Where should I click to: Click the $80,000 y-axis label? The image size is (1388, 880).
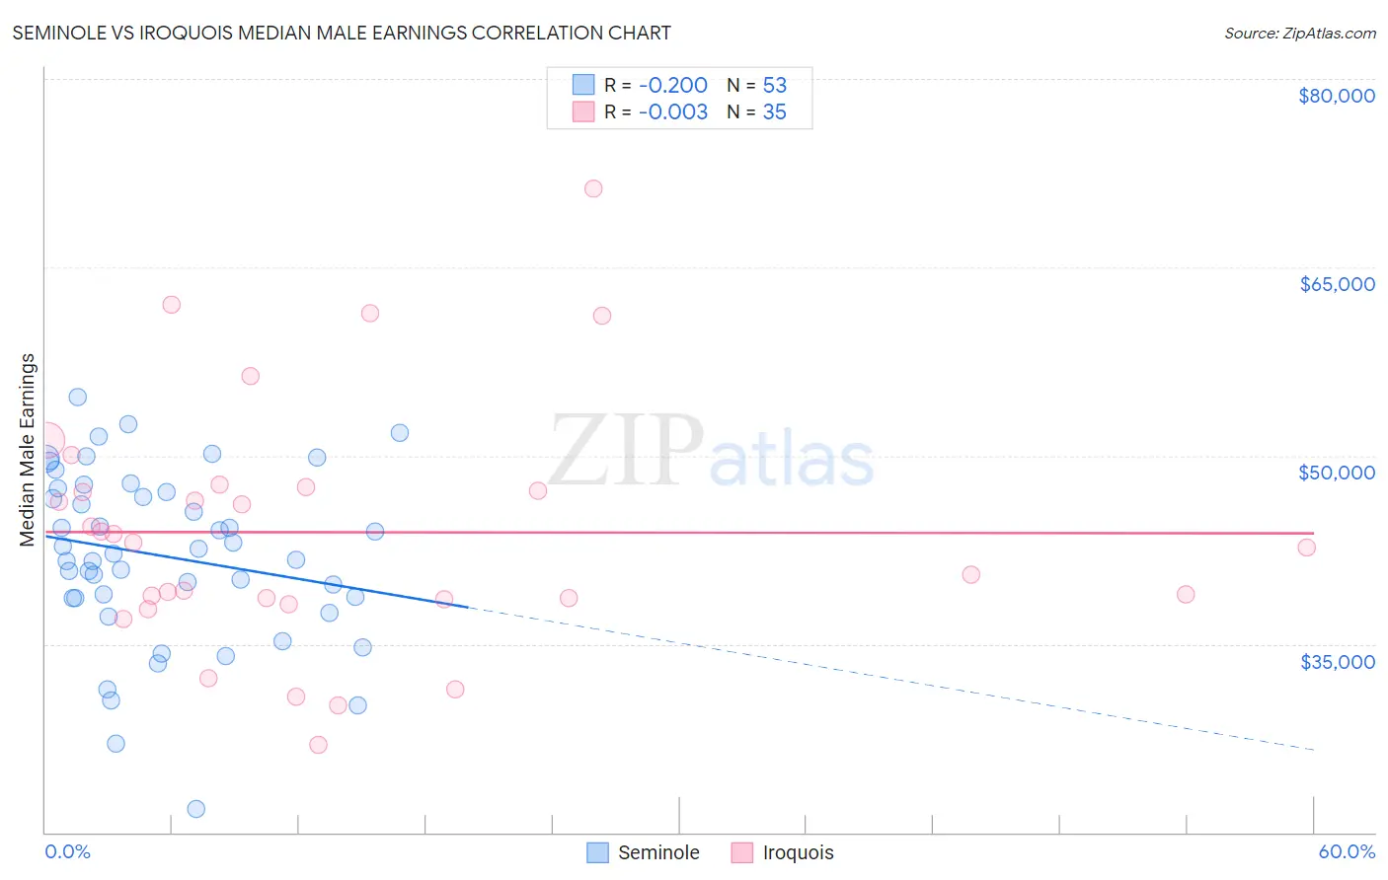click(1336, 96)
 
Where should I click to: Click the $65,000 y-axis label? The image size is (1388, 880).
click(1336, 284)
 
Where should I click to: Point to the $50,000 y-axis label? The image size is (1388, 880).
click(1336, 473)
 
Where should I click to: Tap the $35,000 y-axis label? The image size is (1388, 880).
click(1337, 661)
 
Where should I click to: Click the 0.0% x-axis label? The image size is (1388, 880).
click(67, 851)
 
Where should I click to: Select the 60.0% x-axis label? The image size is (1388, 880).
click(1346, 851)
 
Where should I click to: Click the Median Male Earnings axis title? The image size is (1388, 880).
click(28, 450)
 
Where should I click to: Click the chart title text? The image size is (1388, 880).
click(342, 33)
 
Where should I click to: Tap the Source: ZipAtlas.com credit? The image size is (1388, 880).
click(1299, 33)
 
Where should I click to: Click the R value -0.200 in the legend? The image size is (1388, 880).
click(672, 85)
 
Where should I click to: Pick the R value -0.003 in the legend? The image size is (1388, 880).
click(672, 111)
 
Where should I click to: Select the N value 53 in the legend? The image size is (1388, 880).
click(774, 85)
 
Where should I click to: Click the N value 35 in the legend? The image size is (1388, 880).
click(774, 111)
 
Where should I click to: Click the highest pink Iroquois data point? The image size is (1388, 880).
click(593, 188)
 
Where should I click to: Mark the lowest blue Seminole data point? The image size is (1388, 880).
click(196, 809)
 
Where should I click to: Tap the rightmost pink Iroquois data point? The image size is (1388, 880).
click(1307, 548)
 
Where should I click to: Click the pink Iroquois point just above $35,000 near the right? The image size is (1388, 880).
click(1186, 594)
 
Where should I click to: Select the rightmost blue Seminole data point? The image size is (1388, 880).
click(400, 432)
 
